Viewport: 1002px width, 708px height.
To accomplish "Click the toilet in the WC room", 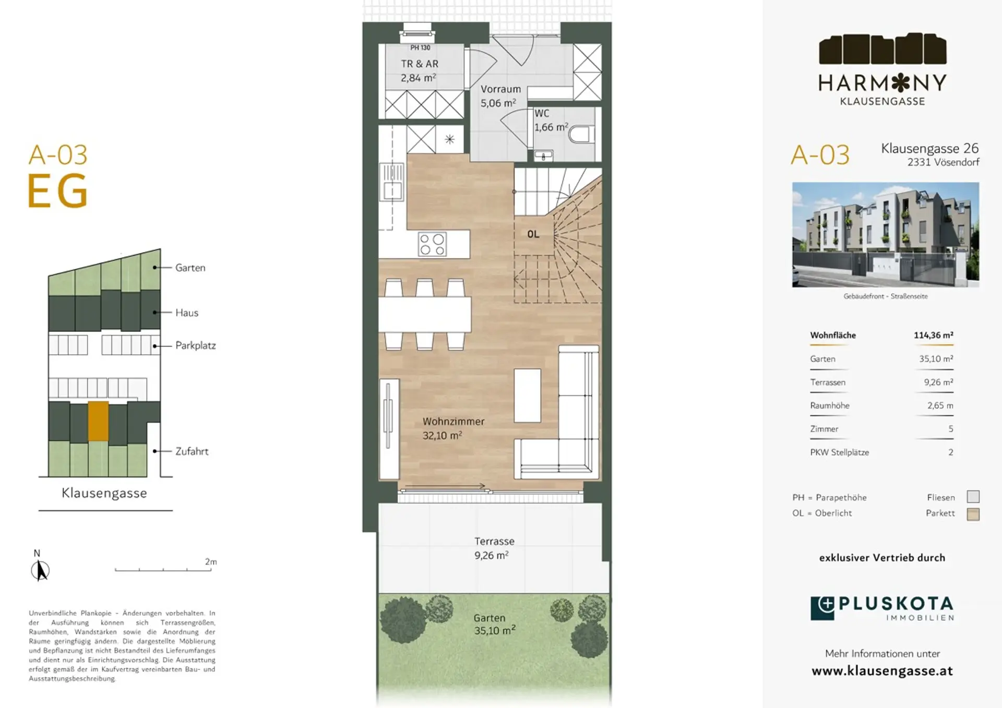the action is [579, 135].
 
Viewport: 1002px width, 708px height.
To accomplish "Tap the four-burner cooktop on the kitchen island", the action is [432, 244].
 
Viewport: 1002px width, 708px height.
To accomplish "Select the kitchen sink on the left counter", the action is [392, 182].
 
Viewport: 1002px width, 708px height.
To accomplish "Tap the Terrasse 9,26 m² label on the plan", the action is [494, 548].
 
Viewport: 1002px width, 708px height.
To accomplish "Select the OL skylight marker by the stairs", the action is [533, 234].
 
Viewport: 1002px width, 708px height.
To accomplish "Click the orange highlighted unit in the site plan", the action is [98, 421].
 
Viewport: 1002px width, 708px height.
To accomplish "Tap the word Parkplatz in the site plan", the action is [195, 345].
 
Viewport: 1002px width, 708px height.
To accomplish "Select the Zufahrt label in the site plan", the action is [192, 451].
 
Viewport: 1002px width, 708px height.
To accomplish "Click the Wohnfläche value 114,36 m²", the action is [933, 335].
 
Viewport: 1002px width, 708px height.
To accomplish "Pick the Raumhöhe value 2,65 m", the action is [940, 405].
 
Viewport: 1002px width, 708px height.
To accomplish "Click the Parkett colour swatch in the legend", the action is [973, 514].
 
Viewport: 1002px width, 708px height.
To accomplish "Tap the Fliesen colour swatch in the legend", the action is [973, 497].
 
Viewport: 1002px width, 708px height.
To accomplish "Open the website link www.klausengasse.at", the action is [882, 671].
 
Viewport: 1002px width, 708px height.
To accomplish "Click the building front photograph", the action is [885, 235].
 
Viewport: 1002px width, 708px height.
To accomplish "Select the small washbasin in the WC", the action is [543, 155].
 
